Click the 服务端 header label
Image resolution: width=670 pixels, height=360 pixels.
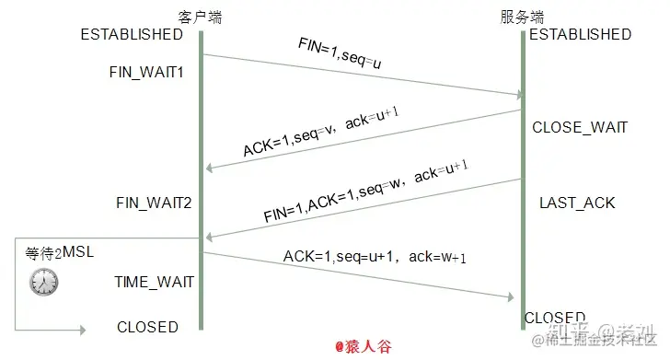pyautogui.click(x=522, y=17)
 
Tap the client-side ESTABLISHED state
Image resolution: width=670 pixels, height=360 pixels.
pyautogui.click(x=132, y=35)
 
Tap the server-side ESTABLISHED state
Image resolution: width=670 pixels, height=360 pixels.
pyautogui.click(x=580, y=35)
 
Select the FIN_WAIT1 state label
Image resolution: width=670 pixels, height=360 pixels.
pyautogui.click(x=146, y=72)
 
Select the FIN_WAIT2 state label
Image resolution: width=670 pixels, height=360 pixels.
pyautogui.click(x=154, y=202)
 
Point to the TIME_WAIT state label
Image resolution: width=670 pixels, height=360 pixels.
pyautogui.click(x=155, y=282)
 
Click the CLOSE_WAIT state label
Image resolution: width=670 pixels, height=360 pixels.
pyautogui.click(x=580, y=128)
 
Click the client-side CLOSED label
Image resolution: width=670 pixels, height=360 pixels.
pyautogui.click(x=147, y=327)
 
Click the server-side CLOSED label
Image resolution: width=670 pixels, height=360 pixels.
pyautogui.click(x=555, y=318)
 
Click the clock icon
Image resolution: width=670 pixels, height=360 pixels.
pyautogui.click(x=43, y=282)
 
